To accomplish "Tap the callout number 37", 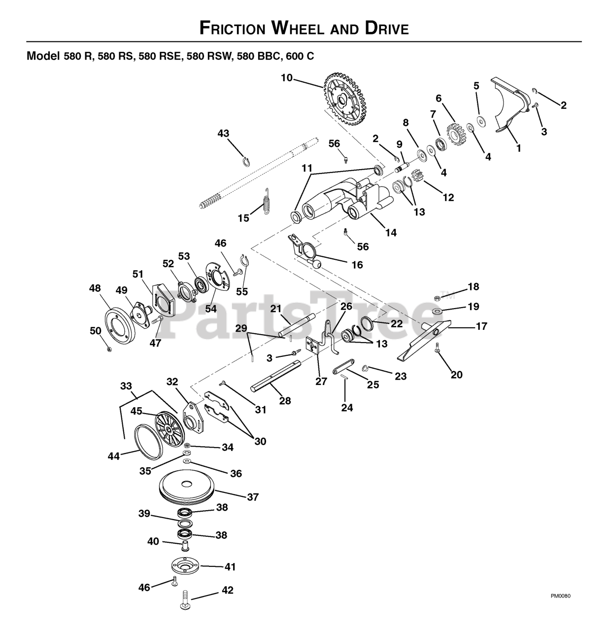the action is click(x=253, y=497).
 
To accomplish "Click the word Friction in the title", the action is click(x=232, y=28).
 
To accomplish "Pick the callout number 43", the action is click(x=223, y=133).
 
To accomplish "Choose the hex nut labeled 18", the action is click(x=436, y=297).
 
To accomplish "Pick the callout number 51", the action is click(x=138, y=274).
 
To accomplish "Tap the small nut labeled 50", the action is click(x=109, y=349).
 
